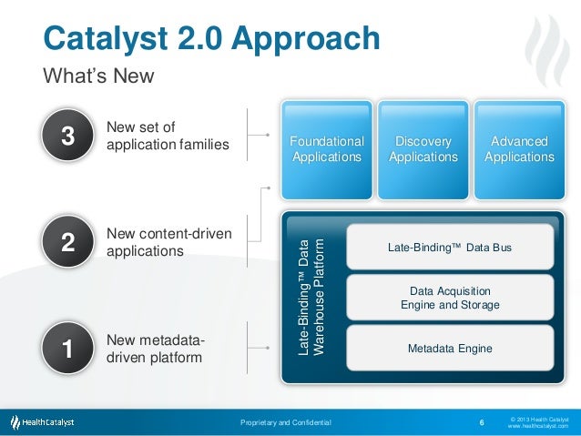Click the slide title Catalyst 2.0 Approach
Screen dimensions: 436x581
211,38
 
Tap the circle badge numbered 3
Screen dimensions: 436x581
67,137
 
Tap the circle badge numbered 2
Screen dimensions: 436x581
67,242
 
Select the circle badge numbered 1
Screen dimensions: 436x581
67,348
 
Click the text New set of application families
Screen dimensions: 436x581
167,136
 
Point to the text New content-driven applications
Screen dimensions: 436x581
168,242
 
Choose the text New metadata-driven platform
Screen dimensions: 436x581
155,349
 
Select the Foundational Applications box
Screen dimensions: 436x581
326,149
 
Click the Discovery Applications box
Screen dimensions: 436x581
423,149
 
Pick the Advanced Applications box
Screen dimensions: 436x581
519,149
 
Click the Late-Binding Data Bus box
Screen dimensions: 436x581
450,247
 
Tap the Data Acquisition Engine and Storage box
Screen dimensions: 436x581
450,298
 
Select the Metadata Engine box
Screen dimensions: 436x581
450,349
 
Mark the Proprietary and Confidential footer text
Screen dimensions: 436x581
285,423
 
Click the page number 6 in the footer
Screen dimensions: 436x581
481,422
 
